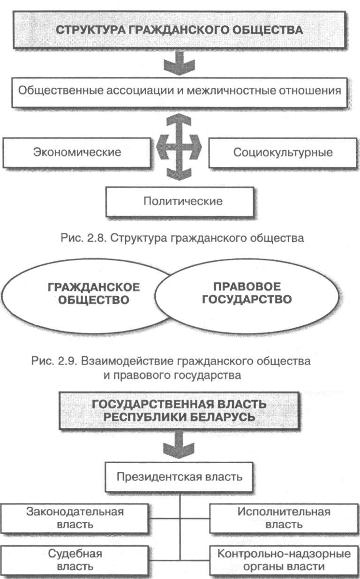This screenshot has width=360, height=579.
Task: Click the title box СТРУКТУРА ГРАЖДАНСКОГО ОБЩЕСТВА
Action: coord(180,30)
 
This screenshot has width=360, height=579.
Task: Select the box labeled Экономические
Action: coord(77,152)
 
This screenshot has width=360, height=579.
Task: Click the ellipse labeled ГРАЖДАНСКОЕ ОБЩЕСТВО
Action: coord(89,293)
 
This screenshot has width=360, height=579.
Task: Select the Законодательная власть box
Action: coord(75,518)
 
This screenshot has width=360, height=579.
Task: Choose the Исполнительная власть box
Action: coord(284,518)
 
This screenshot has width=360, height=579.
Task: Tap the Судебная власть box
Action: coord(75,560)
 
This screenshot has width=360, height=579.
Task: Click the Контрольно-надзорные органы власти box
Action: coord(284,560)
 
